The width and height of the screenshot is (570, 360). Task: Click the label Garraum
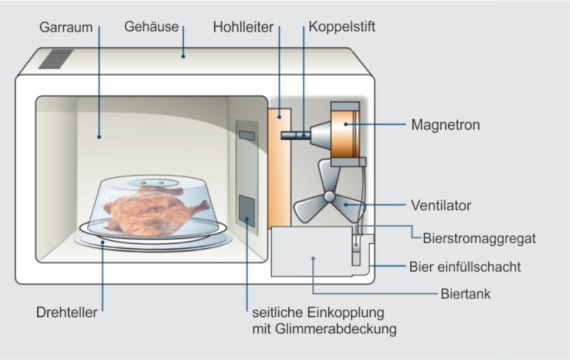66,27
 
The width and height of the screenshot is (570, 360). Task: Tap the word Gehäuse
151,26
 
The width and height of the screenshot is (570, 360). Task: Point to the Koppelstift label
342,26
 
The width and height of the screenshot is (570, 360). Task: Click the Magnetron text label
445,125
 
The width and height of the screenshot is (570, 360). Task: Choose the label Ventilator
441,205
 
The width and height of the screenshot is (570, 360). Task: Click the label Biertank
465,293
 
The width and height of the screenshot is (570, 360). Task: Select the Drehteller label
67,312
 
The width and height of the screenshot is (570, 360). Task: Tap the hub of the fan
330,196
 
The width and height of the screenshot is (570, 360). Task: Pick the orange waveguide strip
278,167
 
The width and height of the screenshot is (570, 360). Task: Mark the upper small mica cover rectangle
246,135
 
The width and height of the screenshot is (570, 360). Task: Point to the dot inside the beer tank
313,258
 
